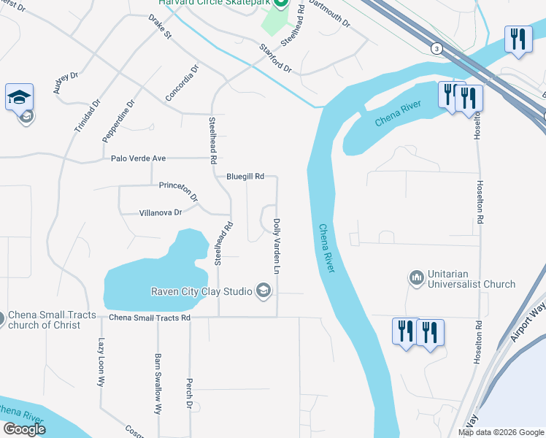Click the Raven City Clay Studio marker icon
click(263, 292)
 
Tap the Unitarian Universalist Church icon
click(417, 277)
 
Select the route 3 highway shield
click(437, 48)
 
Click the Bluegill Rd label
click(245, 176)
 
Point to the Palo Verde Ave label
click(139, 158)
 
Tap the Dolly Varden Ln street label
click(277, 246)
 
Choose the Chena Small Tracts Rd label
click(150, 318)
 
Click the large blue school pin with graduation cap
click(19, 96)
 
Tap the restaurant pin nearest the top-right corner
click(518, 39)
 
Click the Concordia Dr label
click(182, 83)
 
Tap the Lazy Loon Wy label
click(101, 364)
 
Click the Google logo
click(25, 429)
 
